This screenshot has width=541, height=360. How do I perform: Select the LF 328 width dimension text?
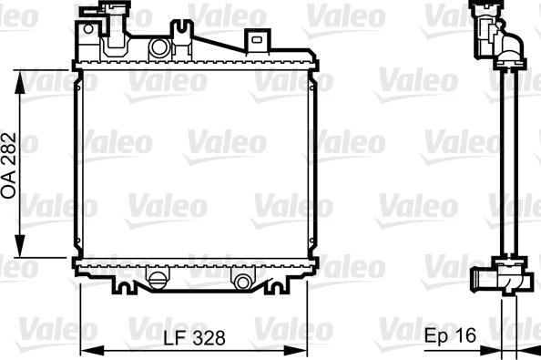click(194, 337)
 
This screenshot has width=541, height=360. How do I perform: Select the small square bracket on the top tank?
click(257, 39)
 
